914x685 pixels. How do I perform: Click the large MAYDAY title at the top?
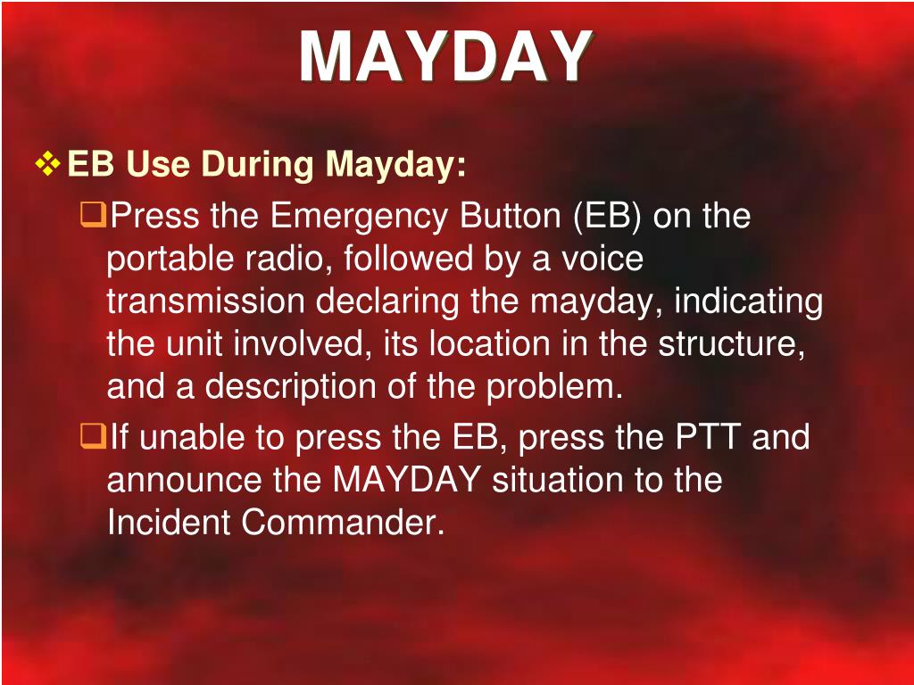(445, 58)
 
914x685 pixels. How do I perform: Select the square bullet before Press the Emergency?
(93, 214)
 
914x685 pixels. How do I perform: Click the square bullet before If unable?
(93, 436)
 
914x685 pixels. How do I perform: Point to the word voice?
(602, 259)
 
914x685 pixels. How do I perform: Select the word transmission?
(205, 301)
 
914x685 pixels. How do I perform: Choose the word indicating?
(748, 301)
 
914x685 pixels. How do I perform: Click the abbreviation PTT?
(708, 438)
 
